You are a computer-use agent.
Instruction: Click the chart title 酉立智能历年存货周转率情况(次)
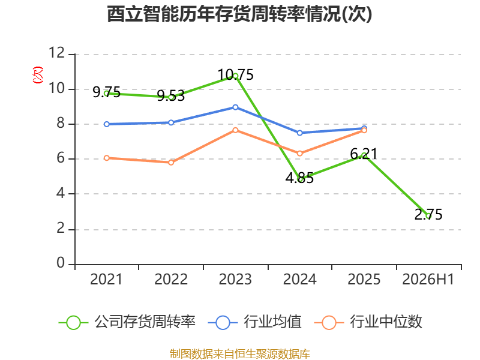[x=239, y=14]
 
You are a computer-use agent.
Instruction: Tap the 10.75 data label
[x=235, y=74]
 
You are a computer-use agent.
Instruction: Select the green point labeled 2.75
[x=428, y=216]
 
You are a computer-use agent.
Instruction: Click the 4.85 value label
[x=299, y=178]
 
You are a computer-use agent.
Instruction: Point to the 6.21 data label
[x=364, y=154]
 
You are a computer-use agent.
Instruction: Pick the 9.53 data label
[x=171, y=96]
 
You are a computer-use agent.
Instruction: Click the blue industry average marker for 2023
[x=235, y=107]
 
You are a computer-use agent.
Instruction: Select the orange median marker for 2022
[x=171, y=162]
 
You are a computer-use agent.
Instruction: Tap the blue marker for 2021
[x=107, y=124]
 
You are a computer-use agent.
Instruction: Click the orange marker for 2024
[x=299, y=154]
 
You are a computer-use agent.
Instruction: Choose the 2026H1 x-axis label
[x=428, y=279]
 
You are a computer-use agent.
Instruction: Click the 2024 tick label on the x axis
[x=299, y=279]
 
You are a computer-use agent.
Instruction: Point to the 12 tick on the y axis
[x=56, y=53]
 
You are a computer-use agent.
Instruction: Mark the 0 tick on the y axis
[x=61, y=263]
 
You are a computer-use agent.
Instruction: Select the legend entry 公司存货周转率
[x=127, y=322]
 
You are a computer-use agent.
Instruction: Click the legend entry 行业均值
[x=254, y=322]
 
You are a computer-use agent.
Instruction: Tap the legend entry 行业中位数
[x=368, y=322]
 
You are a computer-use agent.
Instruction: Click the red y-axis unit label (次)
[x=38, y=74]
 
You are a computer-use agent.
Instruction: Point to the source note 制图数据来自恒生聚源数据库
[x=240, y=354]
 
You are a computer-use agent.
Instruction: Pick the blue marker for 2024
[x=299, y=133]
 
